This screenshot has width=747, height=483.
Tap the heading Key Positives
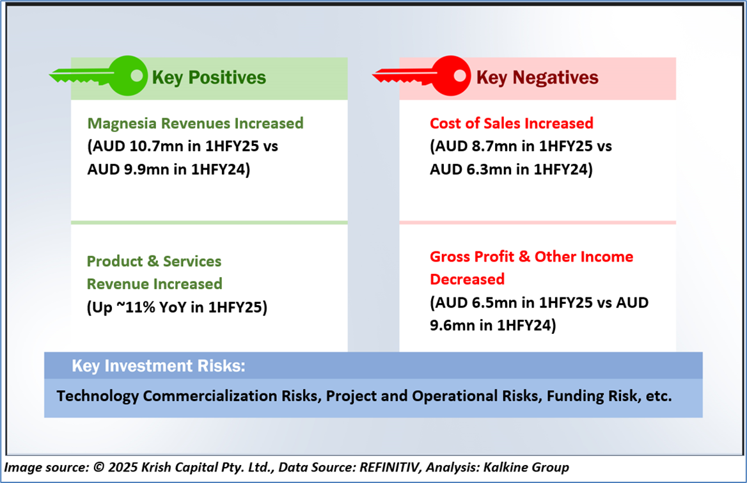pyautogui.click(x=208, y=77)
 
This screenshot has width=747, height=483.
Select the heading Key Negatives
pyautogui.click(x=537, y=77)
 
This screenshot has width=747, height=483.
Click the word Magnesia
pyautogui.click(x=122, y=123)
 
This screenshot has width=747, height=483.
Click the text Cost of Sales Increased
pyautogui.click(x=512, y=123)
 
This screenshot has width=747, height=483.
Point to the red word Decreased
pyautogui.click(x=467, y=279)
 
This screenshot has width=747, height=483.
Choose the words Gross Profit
pyautogui.click(x=471, y=257)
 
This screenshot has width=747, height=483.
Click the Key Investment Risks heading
pyautogui.click(x=159, y=366)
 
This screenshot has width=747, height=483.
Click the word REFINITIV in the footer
pyautogui.click(x=390, y=467)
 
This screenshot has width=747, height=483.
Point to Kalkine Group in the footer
pyautogui.click(x=526, y=467)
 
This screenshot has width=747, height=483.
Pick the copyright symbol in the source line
pyautogui.click(x=98, y=467)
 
